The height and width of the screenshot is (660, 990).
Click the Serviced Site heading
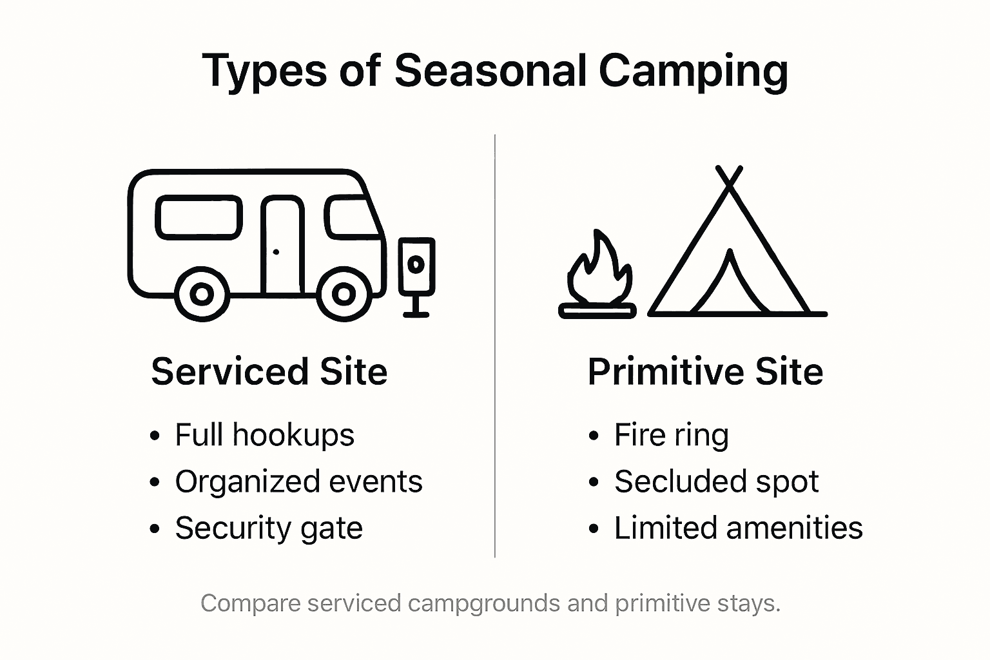click(x=269, y=372)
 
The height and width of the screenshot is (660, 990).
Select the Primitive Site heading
click(x=705, y=372)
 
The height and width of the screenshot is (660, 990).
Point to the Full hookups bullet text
click(x=264, y=435)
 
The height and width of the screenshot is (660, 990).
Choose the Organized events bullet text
click(x=298, y=481)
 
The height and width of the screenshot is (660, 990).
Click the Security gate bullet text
click(x=269, y=529)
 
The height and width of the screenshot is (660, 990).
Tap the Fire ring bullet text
click(x=671, y=435)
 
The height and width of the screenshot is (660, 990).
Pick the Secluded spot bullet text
click(x=716, y=481)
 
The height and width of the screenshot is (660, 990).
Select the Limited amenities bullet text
click(x=738, y=528)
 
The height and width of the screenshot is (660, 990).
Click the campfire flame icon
click(x=598, y=271)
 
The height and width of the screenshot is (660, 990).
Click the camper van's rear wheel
click(x=202, y=295)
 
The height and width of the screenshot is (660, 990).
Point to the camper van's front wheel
click(x=344, y=295)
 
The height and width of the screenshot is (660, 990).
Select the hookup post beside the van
click(x=416, y=274)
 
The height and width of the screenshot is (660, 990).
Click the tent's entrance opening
click(x=730, y=287)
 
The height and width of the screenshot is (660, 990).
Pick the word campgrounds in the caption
click(x=484, y=604)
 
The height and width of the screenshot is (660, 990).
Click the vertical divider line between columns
click(x=495, y=348)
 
